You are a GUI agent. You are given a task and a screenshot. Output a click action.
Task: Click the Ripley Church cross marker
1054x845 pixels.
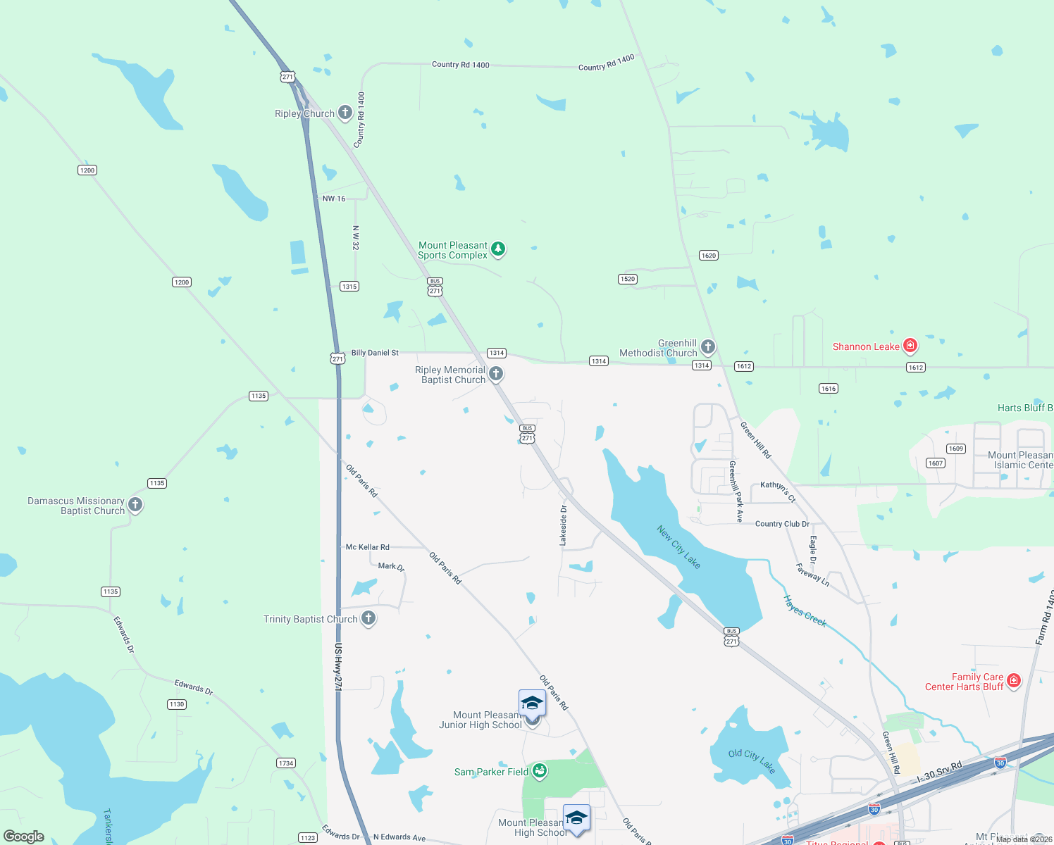345,112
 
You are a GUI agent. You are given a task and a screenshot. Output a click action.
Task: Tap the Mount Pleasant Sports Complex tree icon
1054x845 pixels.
498,249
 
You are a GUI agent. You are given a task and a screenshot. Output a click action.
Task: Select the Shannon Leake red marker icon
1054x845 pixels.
910,345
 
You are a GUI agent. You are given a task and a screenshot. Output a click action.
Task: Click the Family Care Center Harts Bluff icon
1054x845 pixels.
1014,680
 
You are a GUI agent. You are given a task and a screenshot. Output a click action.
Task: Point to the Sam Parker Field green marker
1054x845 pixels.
540,771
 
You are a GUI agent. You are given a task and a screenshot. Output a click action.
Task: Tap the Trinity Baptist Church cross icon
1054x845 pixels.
368,618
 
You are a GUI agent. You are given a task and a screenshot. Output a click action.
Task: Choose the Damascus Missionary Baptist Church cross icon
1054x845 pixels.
135,504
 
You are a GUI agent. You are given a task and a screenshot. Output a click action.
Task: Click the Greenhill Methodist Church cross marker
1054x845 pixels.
708,346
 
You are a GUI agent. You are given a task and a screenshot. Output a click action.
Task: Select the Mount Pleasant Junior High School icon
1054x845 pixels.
532,704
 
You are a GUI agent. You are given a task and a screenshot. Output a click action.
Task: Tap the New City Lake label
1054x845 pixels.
678,546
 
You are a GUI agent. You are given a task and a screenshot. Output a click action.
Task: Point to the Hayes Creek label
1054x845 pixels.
805,611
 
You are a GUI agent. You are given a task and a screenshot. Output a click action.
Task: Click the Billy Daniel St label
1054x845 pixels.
375,353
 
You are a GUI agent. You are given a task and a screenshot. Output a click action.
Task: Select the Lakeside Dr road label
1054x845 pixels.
563,525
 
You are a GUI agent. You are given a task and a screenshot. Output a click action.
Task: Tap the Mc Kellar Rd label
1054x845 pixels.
367,547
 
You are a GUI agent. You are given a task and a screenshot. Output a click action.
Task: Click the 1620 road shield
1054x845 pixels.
709,256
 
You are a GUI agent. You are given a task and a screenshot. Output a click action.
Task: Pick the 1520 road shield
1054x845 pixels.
628,279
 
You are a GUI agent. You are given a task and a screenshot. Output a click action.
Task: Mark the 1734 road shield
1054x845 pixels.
286,763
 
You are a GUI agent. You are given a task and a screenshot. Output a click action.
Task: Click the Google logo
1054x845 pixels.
24,837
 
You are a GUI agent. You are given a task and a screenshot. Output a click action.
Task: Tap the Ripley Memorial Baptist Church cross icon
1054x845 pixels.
496,374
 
